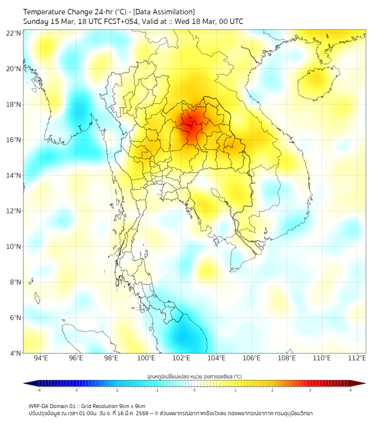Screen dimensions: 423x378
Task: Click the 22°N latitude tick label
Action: [x=14, y=33]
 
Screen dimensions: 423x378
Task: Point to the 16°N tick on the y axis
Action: [x=14, y=140]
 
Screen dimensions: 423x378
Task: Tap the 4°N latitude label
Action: [x=15, y=353]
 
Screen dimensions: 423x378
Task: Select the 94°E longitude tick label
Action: [x=41, y=358]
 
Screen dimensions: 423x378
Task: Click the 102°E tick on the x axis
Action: [x=181, y=358]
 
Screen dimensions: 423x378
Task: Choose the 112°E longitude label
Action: [x=357, y=358]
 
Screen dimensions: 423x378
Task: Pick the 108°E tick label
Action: [x=287, y=358]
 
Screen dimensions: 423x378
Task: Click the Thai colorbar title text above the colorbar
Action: [x=195, y=377]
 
